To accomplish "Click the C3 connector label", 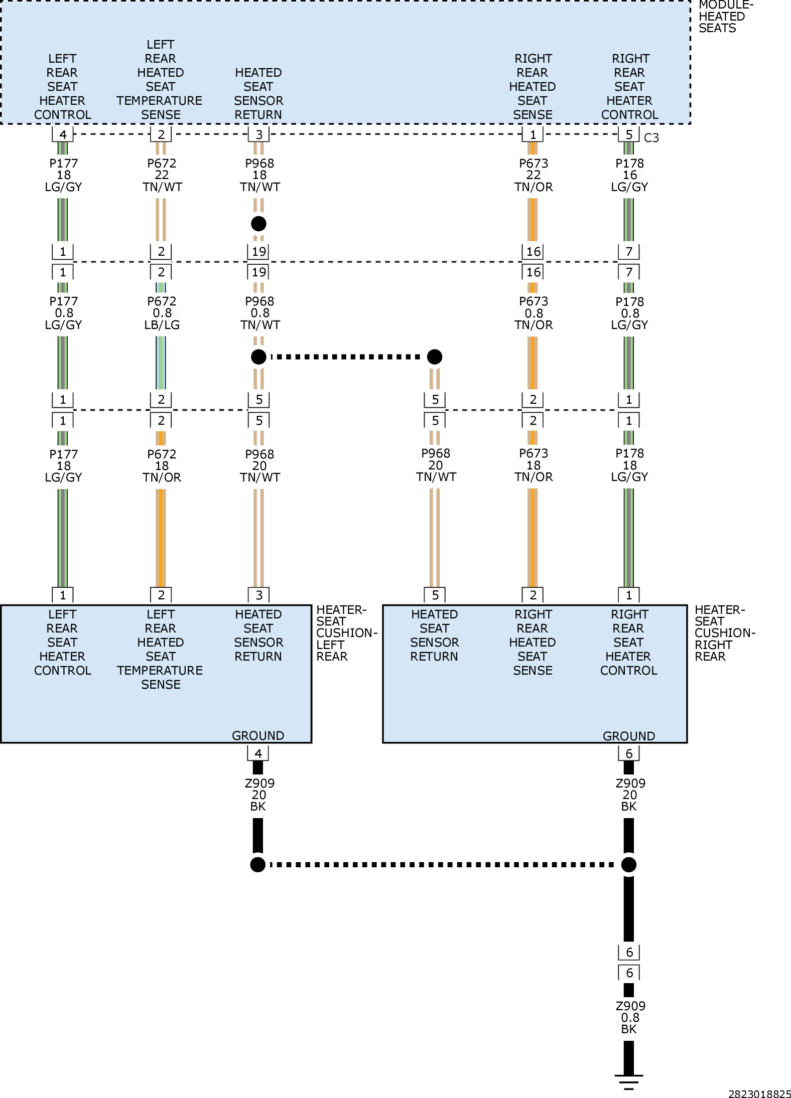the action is [651, 137].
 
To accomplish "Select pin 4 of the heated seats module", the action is [63, 134].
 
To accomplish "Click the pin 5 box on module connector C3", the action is [628, 134].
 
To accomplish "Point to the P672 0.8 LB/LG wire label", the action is [162, 313].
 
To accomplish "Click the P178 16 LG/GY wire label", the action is [629, 175].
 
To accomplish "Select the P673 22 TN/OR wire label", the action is [533, 175].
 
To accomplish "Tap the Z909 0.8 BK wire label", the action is [630, 1017].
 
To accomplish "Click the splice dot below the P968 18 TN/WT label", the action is [258, 224].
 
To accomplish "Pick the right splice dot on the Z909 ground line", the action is [628, 864].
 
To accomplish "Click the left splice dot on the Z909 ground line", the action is [257, 864].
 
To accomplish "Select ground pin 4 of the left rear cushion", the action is [258, 753].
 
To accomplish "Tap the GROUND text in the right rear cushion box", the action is [628, 736].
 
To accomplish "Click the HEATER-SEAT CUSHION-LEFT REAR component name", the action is [346, 633].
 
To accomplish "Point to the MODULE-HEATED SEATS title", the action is [726, 17].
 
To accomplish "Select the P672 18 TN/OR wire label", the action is [162, 466].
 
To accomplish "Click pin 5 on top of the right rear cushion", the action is [435, 595].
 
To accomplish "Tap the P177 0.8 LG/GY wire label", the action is [63, 313].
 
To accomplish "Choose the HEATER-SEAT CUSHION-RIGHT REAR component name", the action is [725, 633].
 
